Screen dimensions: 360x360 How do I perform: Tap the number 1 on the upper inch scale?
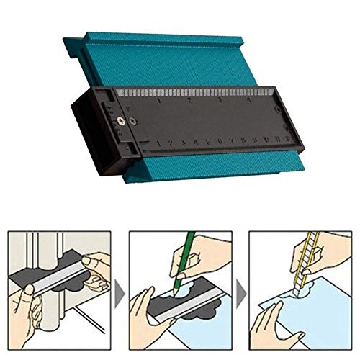(x=158, y=102)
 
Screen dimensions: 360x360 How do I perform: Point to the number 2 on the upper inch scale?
(x=189, y=101)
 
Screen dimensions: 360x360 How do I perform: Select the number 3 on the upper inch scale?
(x=219, y=101)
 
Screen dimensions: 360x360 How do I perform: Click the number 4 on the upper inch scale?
(x=249, y=101)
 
